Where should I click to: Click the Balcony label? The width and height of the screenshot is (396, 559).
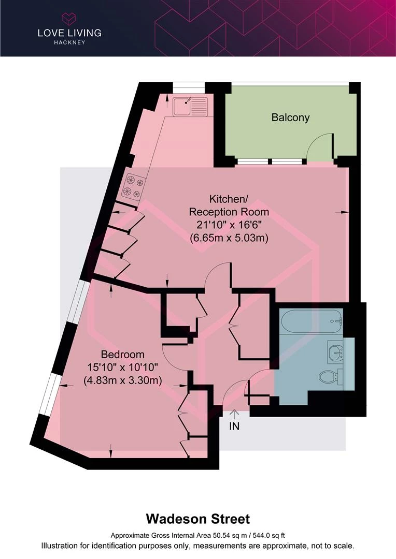pos(290,117)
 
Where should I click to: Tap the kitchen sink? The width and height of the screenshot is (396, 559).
pos(190,107)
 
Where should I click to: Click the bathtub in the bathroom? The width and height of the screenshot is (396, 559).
pos(312,322)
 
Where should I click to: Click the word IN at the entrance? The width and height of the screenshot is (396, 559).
pos(234,426)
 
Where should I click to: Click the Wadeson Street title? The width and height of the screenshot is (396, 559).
pos(198,519)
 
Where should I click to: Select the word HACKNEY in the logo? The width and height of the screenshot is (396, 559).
pos(69,42)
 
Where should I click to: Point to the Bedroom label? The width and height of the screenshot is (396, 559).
pos(123,355)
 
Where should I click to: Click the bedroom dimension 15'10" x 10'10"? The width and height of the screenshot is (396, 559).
pos(123,367)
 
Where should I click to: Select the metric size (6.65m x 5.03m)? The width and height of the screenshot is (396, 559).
pos(229,238)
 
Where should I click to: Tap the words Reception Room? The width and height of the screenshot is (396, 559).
pos(229,212)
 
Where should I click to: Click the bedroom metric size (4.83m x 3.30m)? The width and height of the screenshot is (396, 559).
pos(123,380)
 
